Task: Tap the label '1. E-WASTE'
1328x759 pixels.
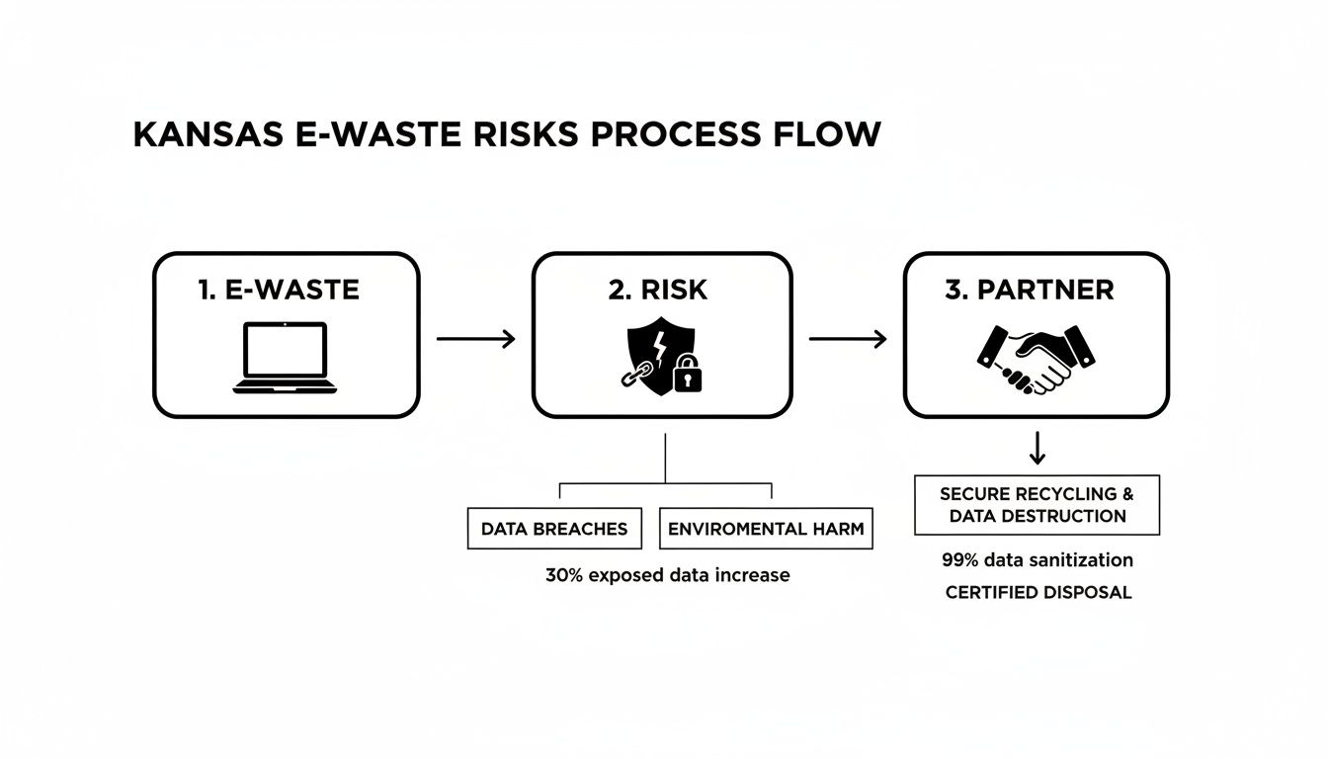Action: pos(279,290)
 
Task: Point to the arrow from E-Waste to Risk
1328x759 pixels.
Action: pos(475,339)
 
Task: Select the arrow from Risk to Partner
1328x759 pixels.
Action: pos(848,339)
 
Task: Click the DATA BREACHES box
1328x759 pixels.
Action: pos(554,529)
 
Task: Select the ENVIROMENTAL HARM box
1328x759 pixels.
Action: pos(766,529)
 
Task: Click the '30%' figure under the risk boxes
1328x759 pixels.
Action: pos(563,574)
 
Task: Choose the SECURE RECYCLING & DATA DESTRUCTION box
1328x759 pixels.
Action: pos(1037,505)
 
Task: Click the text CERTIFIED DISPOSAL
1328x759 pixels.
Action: pos(1037,592)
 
